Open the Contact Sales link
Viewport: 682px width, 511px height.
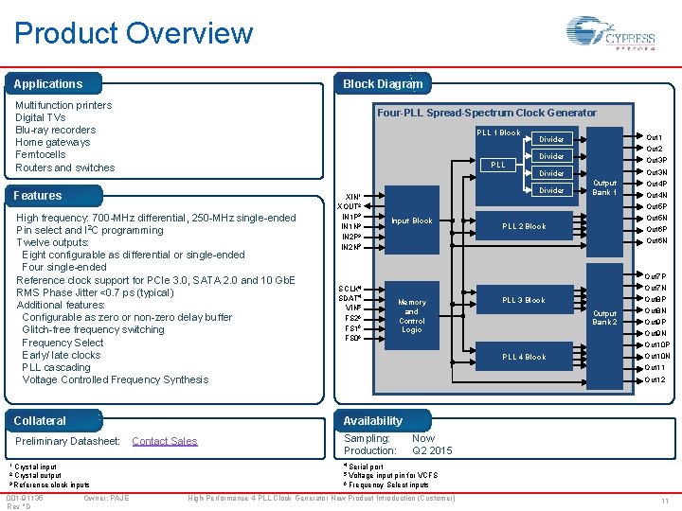[165, 441]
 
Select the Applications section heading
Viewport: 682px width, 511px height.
[48, 84]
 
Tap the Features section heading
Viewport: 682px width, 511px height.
[38, 196]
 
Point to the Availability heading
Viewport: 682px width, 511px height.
[372, 421]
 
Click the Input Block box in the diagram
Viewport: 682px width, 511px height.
[412, 221]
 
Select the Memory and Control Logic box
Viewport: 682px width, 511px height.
[412, 316]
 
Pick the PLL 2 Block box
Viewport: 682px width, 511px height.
[524, 227]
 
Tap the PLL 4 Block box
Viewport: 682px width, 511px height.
[524, 357]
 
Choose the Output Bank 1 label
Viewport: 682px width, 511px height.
[604, 187]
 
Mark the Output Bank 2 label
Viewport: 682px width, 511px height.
[604, 317]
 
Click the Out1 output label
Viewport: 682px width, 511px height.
[654, 138]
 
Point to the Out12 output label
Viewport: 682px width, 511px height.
[655, 379]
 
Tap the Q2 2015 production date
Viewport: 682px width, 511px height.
[432, 451]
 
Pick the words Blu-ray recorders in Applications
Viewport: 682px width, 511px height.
[56, 130]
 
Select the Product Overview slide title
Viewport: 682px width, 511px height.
[134, 34]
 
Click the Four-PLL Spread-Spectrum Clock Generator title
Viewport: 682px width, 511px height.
[487, 113]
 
